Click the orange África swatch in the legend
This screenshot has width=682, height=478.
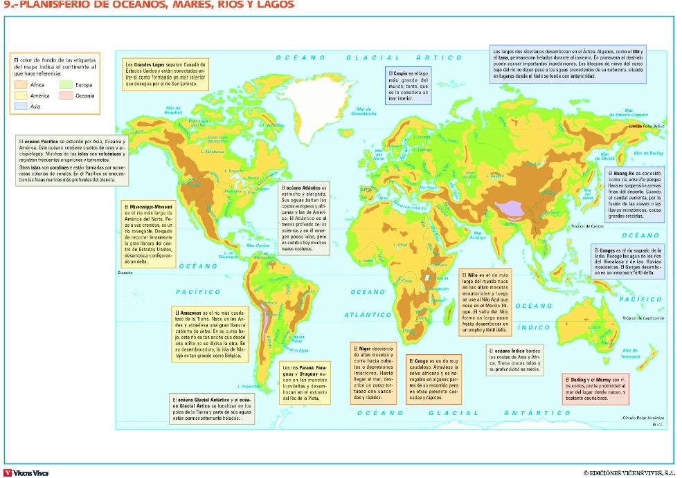coord(21,84)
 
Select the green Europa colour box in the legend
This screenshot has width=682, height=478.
coord(66,84)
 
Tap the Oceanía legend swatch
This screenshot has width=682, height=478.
coord(66,95)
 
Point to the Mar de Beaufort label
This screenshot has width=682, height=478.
coord(174,110)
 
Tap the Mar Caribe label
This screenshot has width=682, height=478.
coord(258,245)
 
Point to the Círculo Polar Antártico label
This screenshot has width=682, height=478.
coord(643,418)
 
